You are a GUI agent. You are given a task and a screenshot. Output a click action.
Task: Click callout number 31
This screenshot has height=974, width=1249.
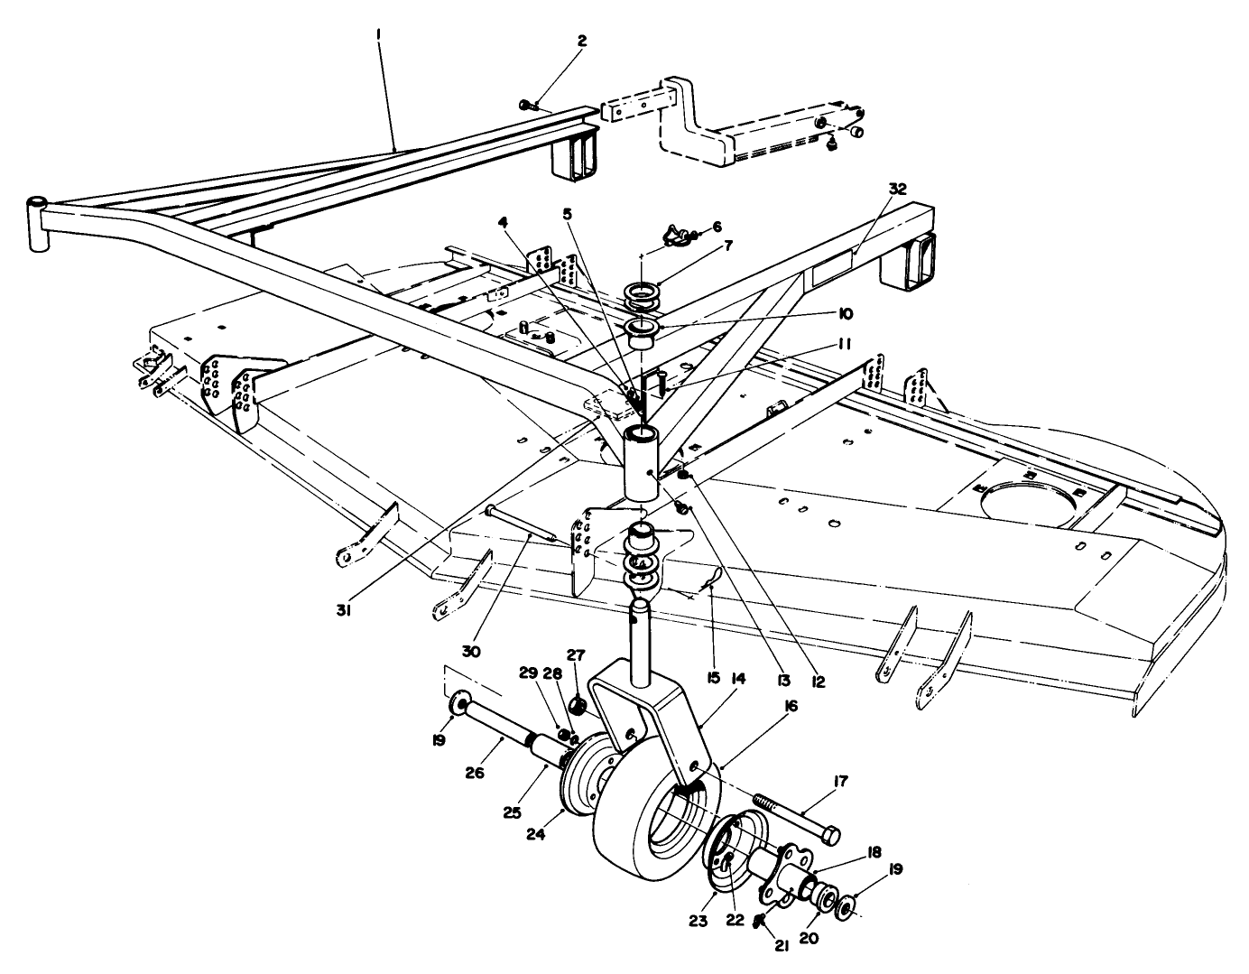[x=345, y=610]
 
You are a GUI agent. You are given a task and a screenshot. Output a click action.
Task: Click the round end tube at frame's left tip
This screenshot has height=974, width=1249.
[x=38, y=224]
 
